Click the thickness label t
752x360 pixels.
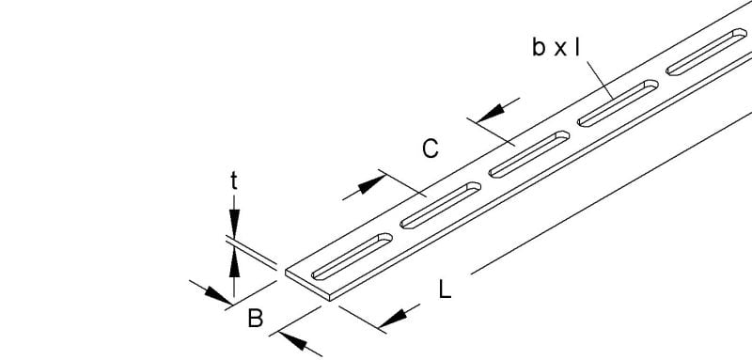233,181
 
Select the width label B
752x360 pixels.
256,319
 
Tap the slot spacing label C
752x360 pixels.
431,149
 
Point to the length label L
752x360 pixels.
445,290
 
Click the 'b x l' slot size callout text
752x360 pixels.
556,48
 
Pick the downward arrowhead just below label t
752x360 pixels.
234,224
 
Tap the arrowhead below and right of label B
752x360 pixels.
292,340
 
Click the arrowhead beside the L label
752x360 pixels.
393,319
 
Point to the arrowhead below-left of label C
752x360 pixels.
371,184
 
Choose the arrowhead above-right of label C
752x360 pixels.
490,113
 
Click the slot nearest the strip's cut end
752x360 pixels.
352,257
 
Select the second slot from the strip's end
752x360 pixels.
440,205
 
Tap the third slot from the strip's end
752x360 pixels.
529,154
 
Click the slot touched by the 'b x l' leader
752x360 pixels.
618,103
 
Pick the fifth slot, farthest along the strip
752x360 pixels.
707,52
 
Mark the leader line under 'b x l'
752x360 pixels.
600,80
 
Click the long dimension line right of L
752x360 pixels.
612,193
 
